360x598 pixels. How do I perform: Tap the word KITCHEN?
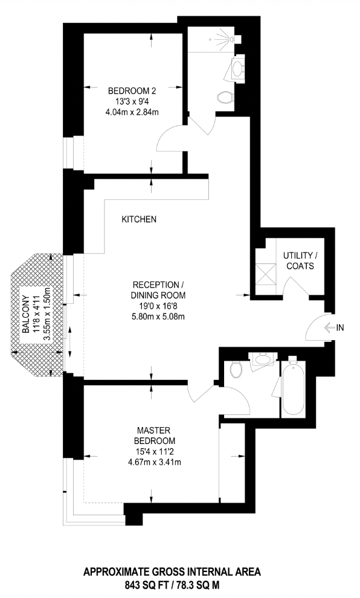pyautogui.click(x=139, y=220)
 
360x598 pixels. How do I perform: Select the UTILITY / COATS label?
pyautogui.click(x=298, y=260)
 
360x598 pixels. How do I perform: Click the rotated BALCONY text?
pyautogui.click(x=27, y=312)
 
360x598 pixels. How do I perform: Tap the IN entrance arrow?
pyautogui.click(x=335, y=328)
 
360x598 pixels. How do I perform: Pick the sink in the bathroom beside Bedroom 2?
pyautogui.click(x=238, y=67)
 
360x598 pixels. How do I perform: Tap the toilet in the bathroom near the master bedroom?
pyautogui.click(x=236, y=368)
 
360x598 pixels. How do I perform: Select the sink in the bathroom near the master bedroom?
pyautogui.click(x=262, y=361)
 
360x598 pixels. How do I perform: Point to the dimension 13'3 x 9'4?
pyautogui.click(x=131, y=101)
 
